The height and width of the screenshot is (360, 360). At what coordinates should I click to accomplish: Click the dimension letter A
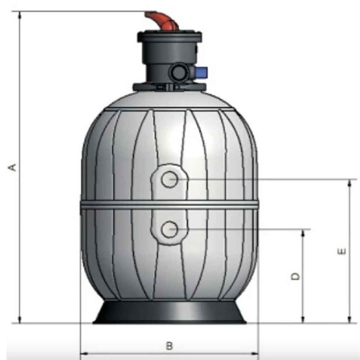click(13, 167)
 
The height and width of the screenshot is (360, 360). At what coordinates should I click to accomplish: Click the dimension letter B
click(169, 346)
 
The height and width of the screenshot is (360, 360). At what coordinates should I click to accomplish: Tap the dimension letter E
click(342, 251)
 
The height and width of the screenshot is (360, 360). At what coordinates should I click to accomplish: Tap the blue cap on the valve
click(201, 72)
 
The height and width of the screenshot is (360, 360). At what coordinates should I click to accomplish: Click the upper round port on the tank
click(170, 179)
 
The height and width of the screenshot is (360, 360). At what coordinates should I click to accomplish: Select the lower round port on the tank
click(170, 229)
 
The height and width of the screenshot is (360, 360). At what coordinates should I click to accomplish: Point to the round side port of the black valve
click(178, 72)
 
